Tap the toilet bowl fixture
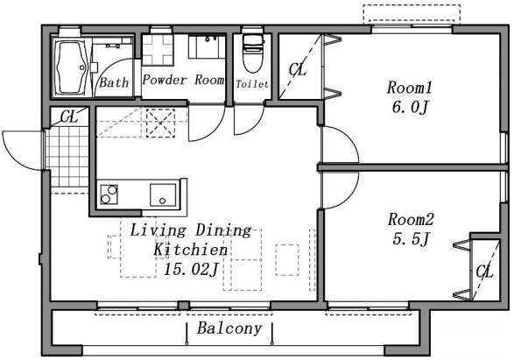[253, 53]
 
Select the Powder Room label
[184, 80]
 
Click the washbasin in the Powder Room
[207, 47]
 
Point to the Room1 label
[410, 88]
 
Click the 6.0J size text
[410, 107]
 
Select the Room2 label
[411, 219]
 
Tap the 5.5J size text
[411, 239]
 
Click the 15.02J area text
[191, 270]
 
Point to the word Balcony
[229, 328]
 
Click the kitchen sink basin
[163, 194]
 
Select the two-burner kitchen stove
[109, 194]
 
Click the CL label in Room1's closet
[298, 69]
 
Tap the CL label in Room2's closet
[484, 272]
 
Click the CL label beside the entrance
[69, 116]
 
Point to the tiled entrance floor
[67, 157]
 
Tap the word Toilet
[252, 84]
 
